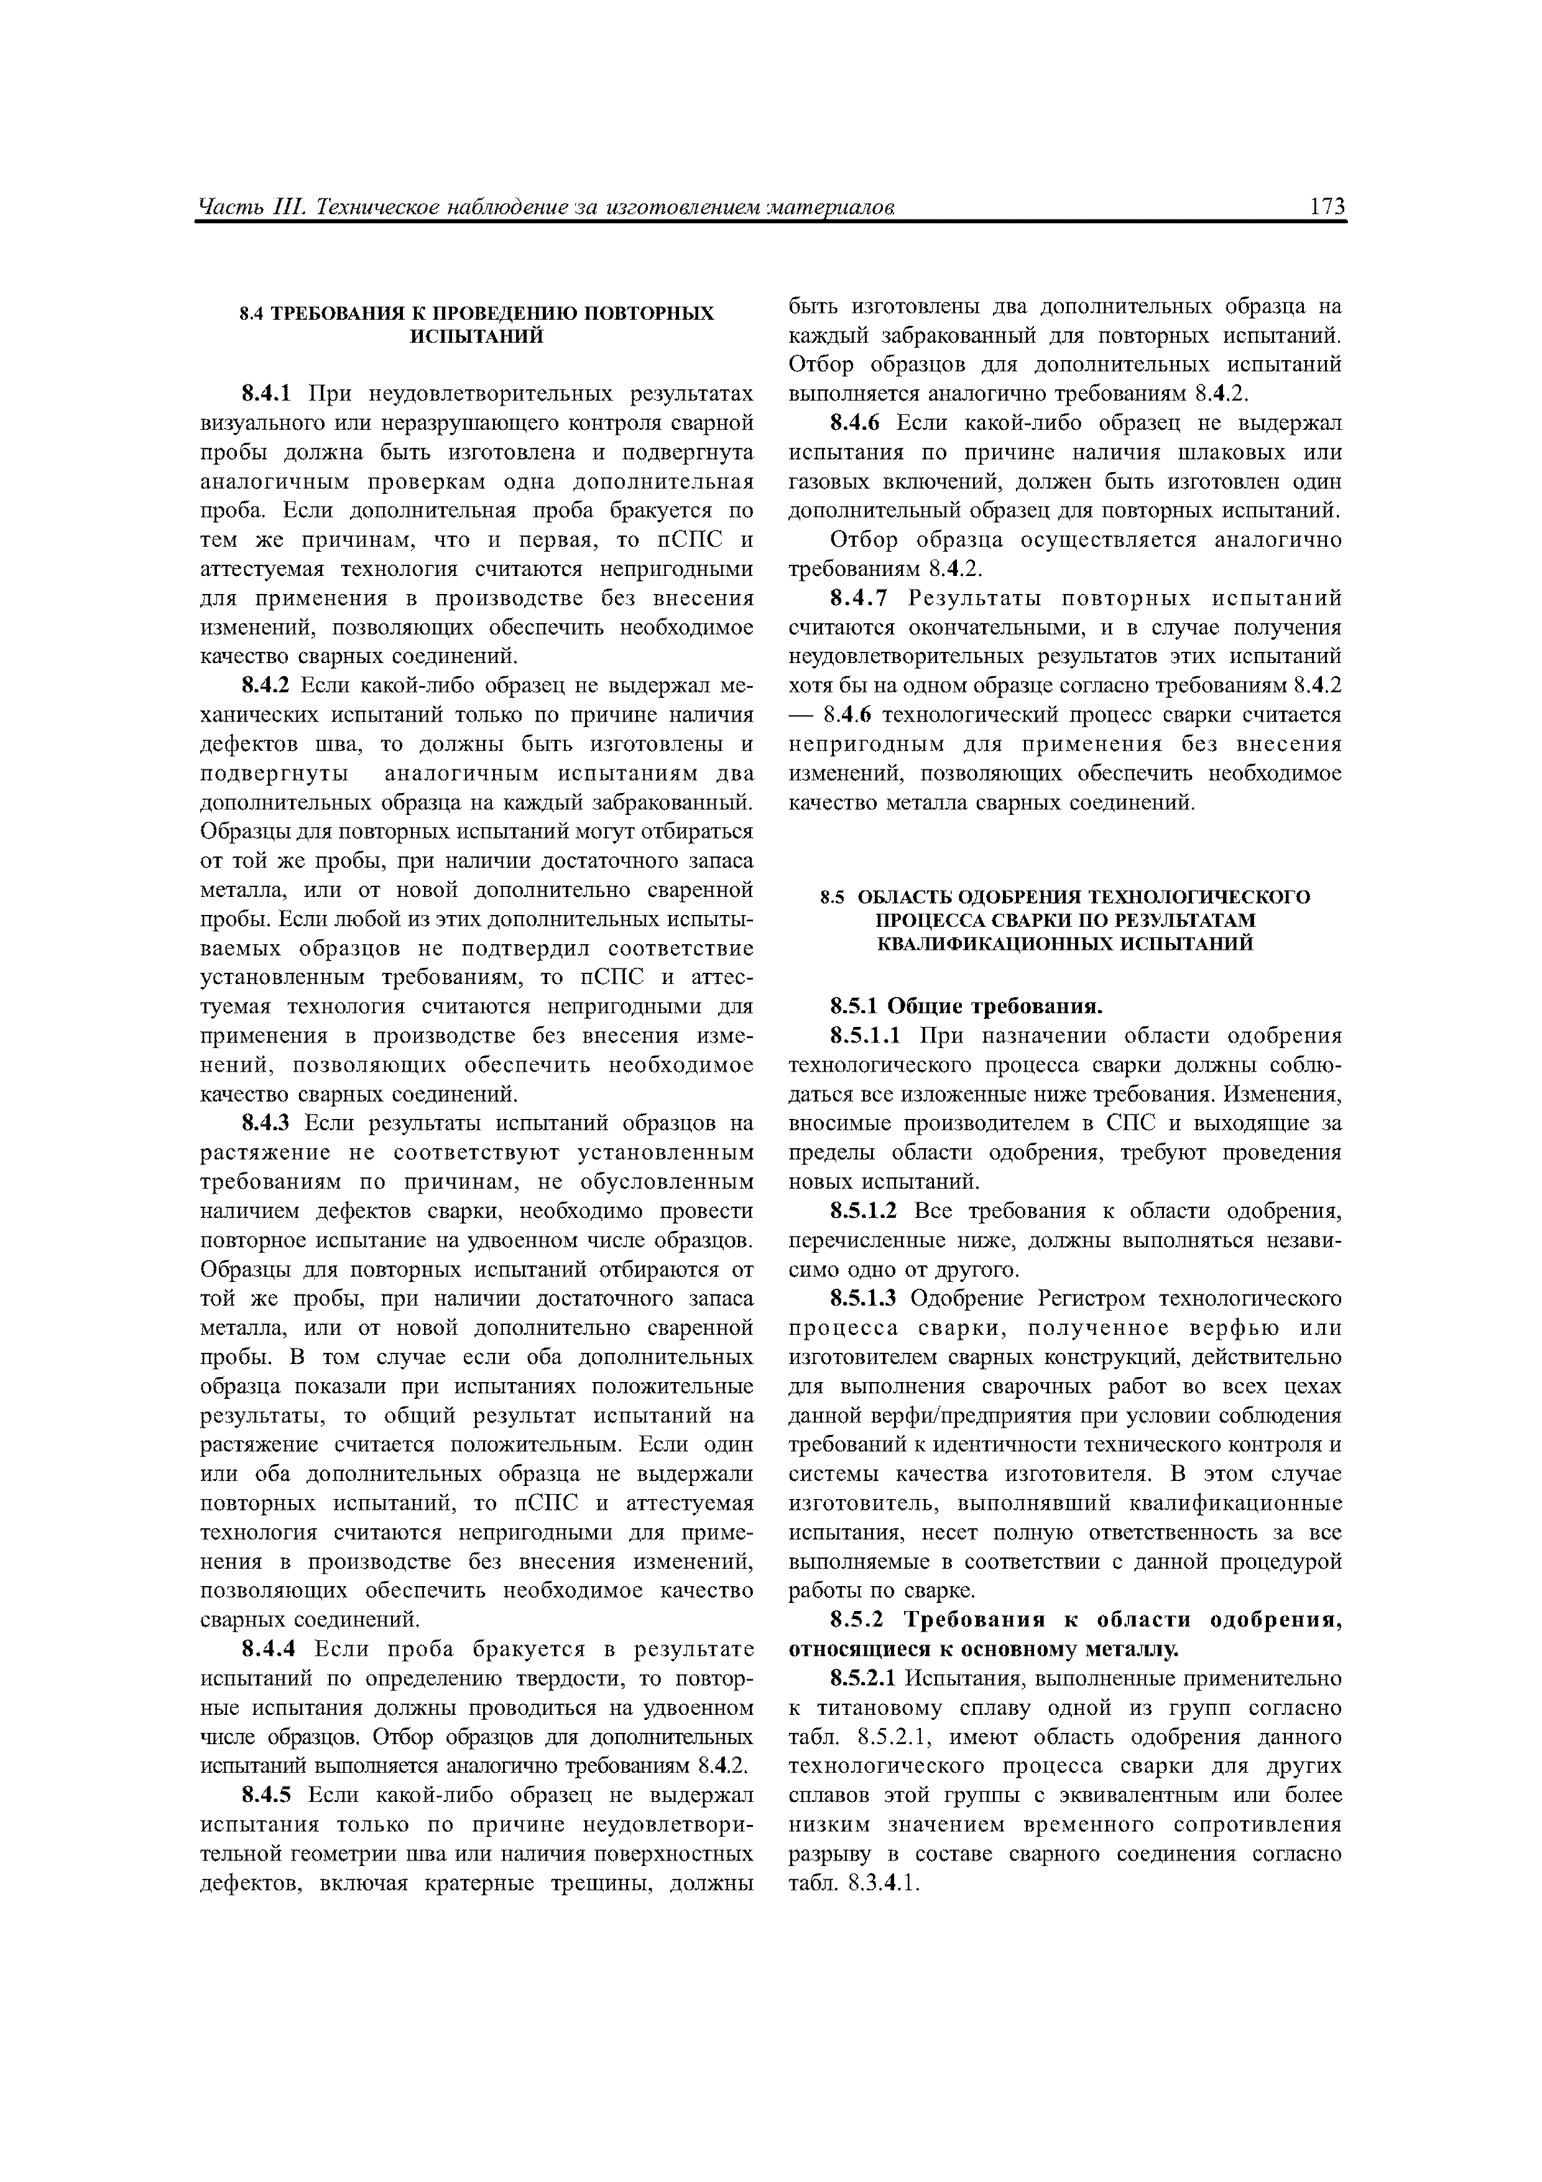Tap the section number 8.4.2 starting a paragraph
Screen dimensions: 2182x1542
(270, 686)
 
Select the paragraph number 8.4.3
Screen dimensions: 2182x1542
(270, 1123)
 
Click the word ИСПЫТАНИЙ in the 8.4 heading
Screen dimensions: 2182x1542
(476, 337)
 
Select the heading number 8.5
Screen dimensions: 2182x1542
(833, 897)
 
